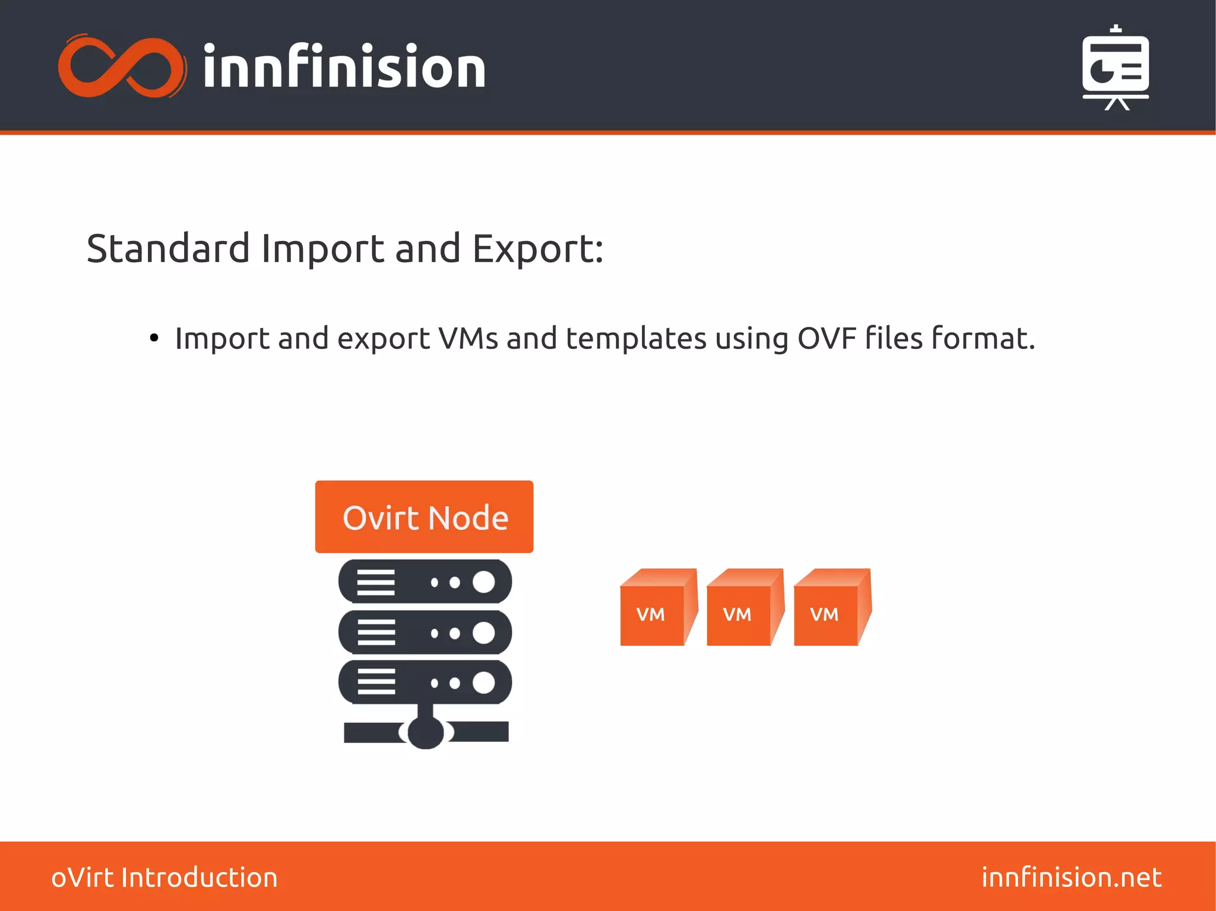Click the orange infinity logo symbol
pos(122,66)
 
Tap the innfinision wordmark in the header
pos(344,67)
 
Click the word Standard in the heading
pos(168,249)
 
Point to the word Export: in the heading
pos(537,249)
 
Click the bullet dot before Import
pos(154,338)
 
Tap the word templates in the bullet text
pos(636,338)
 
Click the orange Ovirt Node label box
pos(424,517)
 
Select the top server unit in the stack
pos(425,582)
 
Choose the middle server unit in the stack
pos(425,633)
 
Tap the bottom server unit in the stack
pos(425,683)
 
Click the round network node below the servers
pos(426,732)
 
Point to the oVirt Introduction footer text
pos(164,877)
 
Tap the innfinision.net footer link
pos(1071,877)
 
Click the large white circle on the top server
pos(483,582)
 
